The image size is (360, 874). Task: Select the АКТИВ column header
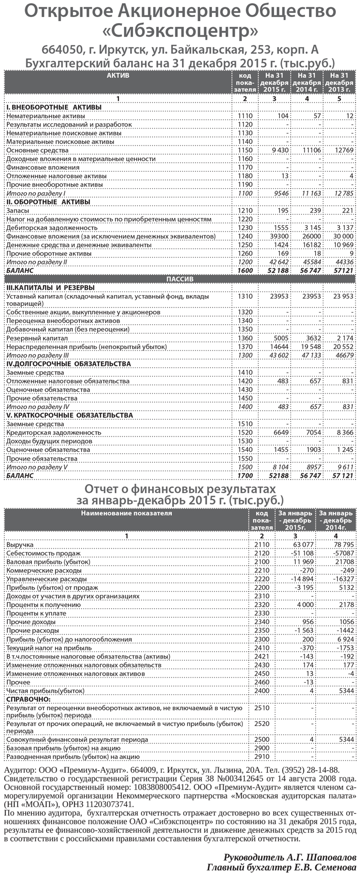tap(118, 76)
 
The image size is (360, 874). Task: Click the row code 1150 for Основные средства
tap(245, 151)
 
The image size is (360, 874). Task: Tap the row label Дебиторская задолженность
tap(51, 228)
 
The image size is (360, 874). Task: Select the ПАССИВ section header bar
tap(180, 279)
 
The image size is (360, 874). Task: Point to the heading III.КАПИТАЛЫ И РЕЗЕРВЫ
tap(50, 287)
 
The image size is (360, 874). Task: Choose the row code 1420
tap(245, 381)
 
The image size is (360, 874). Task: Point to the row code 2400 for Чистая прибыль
tap(262, 690)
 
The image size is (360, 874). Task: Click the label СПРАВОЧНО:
tap(28, 699)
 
